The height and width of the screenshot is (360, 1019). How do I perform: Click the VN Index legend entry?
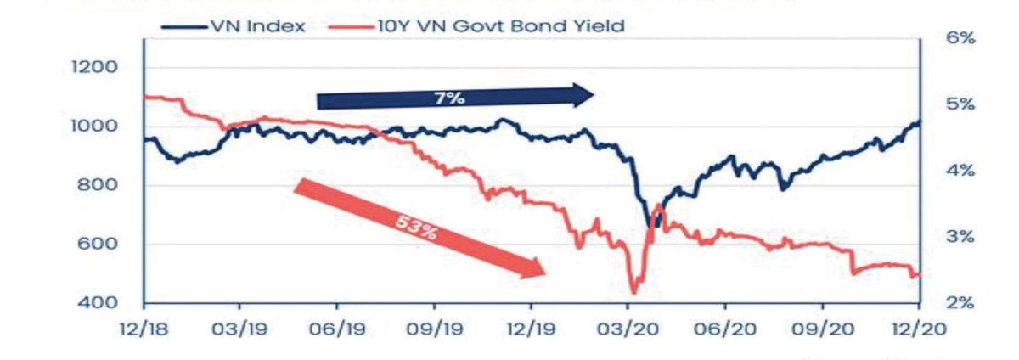coord(254,26)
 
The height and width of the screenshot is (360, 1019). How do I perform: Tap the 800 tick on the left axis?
coord(95,186)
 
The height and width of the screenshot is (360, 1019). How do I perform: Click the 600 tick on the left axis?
coord(95,245)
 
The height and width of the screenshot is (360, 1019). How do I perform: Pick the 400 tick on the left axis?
coord(95,303)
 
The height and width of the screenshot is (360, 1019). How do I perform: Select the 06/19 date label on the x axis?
coord(337,329)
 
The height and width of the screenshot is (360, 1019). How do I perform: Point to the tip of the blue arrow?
coord(594,95)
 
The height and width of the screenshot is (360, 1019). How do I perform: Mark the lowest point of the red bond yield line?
coord(633,292)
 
